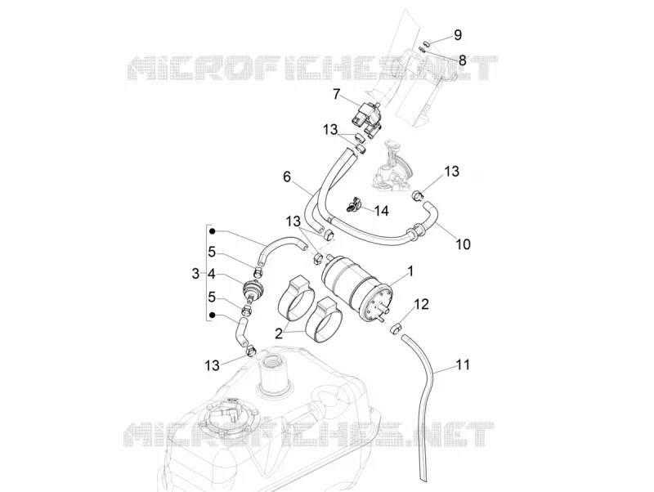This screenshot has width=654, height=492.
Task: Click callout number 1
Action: (x=410, y=272)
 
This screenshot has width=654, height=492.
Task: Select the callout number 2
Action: (x=279, y=333)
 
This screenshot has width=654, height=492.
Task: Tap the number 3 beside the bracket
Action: (x=195, y=275)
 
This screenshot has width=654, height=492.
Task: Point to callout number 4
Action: (x=212, y=275)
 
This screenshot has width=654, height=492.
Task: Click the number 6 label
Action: (x=287, y=177)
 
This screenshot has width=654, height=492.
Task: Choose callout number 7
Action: (x=336, y=94)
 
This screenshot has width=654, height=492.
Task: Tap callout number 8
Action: (x=462, y=60)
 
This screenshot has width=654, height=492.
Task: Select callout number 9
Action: (x=458, y=35)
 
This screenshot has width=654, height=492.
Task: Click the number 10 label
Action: (x=463, y=244)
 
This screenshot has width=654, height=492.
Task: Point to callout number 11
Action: (x=463, y=365)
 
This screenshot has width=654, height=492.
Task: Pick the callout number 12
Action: (x=421, y=304)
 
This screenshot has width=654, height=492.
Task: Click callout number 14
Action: (x=381, y=211)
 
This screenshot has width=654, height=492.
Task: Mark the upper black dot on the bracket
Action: (x=213, y=231)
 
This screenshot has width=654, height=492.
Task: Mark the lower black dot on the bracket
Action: (x=213, y=315)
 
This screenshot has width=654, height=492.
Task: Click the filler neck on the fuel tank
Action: (x=274, y=373)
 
